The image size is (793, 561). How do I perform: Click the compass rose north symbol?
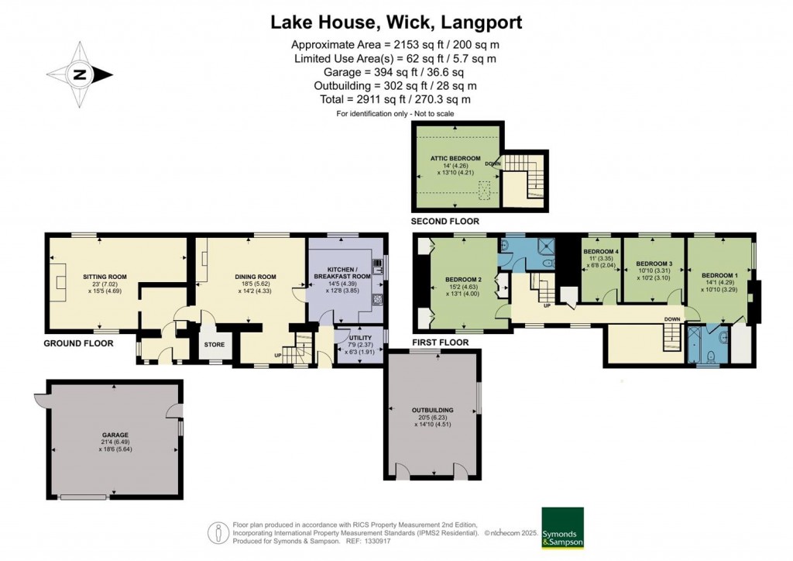[81, 75]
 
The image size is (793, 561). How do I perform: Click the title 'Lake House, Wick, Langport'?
[396, 22]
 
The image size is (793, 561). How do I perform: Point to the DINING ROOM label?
[256, 276]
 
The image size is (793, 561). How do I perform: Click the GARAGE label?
[115, 435]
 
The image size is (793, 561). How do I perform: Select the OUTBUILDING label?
[433, 410]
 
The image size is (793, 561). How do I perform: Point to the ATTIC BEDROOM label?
[455, 158]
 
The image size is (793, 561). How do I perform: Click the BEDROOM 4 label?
[601, 252]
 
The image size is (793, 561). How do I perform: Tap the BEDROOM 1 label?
[719, 275]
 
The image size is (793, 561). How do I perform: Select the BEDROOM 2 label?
[464, 280]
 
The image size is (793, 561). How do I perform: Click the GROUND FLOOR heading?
[78, 343]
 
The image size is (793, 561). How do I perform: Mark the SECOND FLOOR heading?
[445, 222]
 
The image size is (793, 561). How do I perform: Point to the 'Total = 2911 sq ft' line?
[396, 100]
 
